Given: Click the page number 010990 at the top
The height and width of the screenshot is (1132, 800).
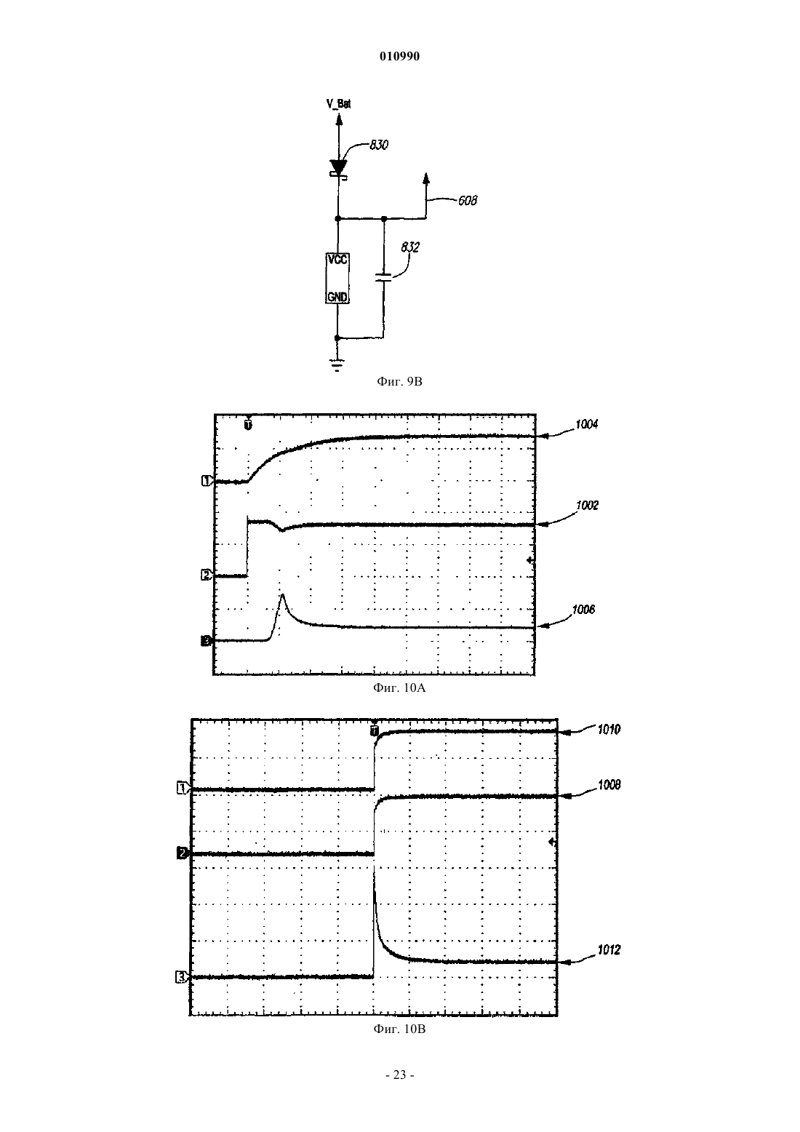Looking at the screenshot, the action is tap(399, 57).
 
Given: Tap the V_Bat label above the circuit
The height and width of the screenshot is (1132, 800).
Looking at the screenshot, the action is tap(338, 104).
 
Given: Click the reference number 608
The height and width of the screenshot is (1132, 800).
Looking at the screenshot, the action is tap(467, 201).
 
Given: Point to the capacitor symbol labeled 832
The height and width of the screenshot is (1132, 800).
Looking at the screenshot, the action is tap(383, 277).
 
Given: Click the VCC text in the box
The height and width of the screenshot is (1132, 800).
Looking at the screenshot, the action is tap(337, 260).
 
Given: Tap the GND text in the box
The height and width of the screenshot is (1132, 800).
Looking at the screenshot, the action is tap(337, 297).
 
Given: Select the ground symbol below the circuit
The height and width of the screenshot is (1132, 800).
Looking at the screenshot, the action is tap(337, 364).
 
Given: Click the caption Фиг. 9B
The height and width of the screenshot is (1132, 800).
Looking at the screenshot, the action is tap(399, 381).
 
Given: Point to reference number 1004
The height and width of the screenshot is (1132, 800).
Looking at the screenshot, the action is tap(586, 425).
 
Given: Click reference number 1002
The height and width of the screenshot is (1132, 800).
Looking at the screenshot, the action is tap(587, 506).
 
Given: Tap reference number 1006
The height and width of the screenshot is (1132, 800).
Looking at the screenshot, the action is tap(583, 610).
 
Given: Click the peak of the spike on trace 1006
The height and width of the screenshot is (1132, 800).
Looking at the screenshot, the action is tap(282, 594).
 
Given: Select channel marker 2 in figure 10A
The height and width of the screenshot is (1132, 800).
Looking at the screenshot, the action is tap(206, 575).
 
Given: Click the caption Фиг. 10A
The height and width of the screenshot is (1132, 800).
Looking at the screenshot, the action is tap(399, 687).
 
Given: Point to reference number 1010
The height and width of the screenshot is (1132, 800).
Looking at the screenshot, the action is tap(609, 730).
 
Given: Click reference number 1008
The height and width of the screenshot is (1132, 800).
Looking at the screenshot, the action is tap(609, 785).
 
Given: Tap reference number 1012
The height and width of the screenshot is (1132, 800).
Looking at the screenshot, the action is tap(609, 950).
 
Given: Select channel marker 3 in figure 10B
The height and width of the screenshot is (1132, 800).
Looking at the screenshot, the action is tap(181, 978).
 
